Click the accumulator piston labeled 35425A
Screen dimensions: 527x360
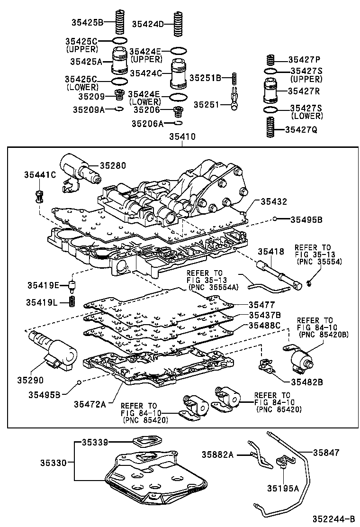[x=119, y=60]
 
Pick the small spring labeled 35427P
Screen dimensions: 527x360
[x=270, y=60]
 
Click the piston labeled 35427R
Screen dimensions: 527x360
[x=270, y=91]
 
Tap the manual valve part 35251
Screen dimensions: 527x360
[x=234, y=100]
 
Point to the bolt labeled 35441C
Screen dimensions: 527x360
[x=39, y=195]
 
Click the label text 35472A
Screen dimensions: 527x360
[x=90, y=404]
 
